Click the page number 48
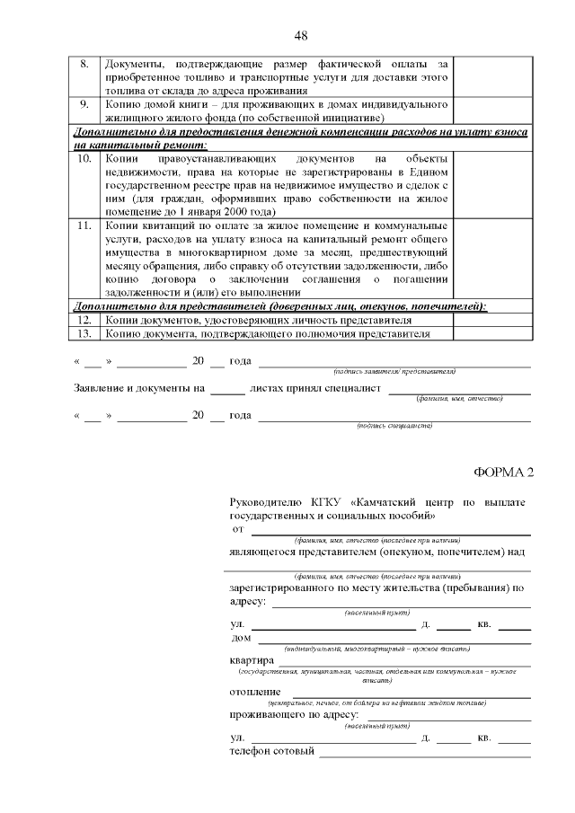tap(301, 35)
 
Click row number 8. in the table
tap(84, 65)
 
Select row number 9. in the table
tap(84, 103)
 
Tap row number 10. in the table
tap(84, 158)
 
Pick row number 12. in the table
tap(84, 320)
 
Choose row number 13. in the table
tap(84, 333)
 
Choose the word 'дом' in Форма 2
tap(241, 639)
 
